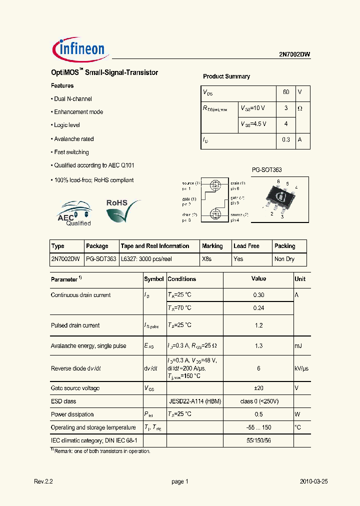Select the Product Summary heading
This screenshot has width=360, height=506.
pos(226,76)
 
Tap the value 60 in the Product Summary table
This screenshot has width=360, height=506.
pos(286,92)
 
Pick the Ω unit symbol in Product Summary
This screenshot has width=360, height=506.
pos(300,108)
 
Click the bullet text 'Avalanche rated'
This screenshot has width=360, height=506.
pos(73,139)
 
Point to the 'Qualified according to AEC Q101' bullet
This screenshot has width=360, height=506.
pos(94,165)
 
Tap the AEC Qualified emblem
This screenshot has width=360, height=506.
pos(74,214)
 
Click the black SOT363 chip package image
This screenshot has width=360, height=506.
pos(280,196)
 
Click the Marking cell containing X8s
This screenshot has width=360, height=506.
pos(206,259)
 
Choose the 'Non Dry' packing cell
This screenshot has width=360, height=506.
pos(284,259)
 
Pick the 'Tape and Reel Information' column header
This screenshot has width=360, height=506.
pos(155,246)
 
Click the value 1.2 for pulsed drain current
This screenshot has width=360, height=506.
pos(258,325)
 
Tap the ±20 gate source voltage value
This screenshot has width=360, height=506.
pos(258,388)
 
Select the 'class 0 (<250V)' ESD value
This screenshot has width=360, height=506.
pos(258,401)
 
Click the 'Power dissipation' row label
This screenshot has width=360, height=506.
pos(72,414)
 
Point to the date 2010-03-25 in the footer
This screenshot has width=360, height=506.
pos(313,481)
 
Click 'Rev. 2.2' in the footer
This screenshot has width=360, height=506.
pos(43,481)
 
